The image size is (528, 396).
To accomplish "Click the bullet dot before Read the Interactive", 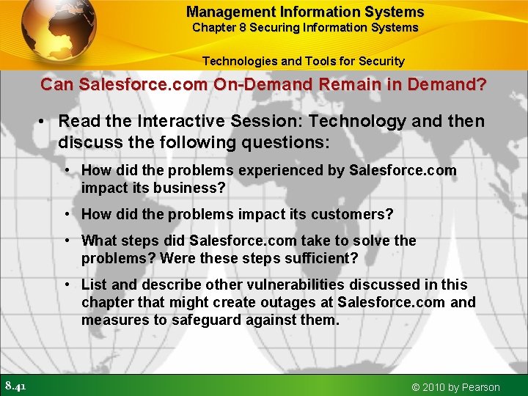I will coord(45,121).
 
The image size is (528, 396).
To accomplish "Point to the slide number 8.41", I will coord(16,386).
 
